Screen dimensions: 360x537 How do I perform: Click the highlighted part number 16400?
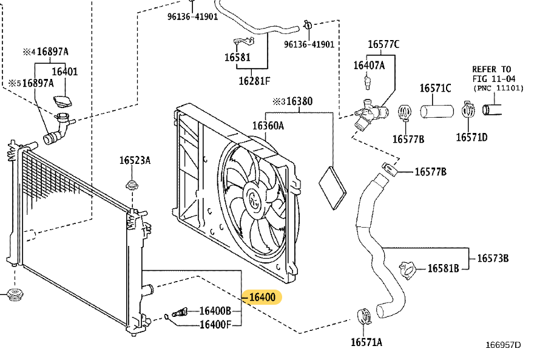tap(262, 297)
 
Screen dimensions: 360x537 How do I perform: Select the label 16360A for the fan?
tap(268, 126)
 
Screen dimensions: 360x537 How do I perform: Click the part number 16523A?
tap(135, 160)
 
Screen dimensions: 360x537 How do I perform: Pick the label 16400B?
tap(215, 311)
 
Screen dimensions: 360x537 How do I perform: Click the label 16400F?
tap(215, 324)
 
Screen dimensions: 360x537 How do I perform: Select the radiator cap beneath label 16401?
tap(62, 101)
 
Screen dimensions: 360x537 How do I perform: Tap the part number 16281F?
tap(254, 80)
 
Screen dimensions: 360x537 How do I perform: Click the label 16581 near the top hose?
tap(237, 58)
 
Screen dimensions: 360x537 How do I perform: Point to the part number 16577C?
tap(383, 44)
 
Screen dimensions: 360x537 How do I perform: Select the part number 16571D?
tap(471, 137)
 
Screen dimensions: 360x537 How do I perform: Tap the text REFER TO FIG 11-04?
tap(491, 73)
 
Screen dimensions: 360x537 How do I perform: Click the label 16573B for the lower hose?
tap(493, 258)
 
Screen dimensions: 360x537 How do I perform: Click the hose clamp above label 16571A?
tap(365, 315)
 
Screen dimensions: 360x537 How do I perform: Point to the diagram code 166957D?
tap(502, 345)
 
